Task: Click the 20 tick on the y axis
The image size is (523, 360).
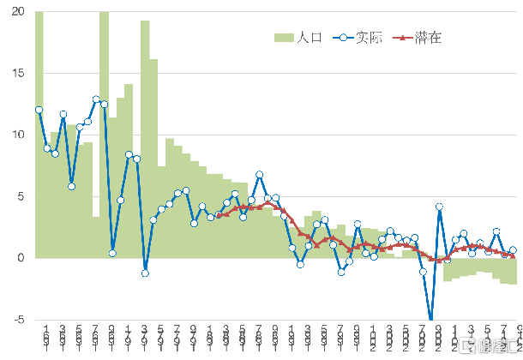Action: [x=17, y=12]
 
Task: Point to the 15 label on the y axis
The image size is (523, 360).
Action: [x=17, y=74]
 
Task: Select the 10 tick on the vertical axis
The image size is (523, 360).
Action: [x=17, y=135]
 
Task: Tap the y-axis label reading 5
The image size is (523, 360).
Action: [x=21, y=196]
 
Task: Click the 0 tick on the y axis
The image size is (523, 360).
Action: [x=21, y=258]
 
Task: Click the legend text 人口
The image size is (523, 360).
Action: [x=309, y=38]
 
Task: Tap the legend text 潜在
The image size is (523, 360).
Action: [x=428, y=38]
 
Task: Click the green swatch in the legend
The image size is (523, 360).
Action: [x=284, y=38]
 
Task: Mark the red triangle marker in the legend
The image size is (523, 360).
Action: [x=403, y=38]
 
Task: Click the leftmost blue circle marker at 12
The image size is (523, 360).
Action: [x=39, y=110]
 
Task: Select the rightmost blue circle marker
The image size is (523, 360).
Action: [x=513, y=250]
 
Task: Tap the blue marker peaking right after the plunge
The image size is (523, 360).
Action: [x=440, y=207]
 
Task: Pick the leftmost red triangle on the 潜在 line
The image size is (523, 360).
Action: [x=219, y=215]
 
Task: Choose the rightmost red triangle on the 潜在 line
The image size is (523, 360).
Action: [x=513, y=255]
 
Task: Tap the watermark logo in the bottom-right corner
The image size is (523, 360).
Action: [x=489, y=345]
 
